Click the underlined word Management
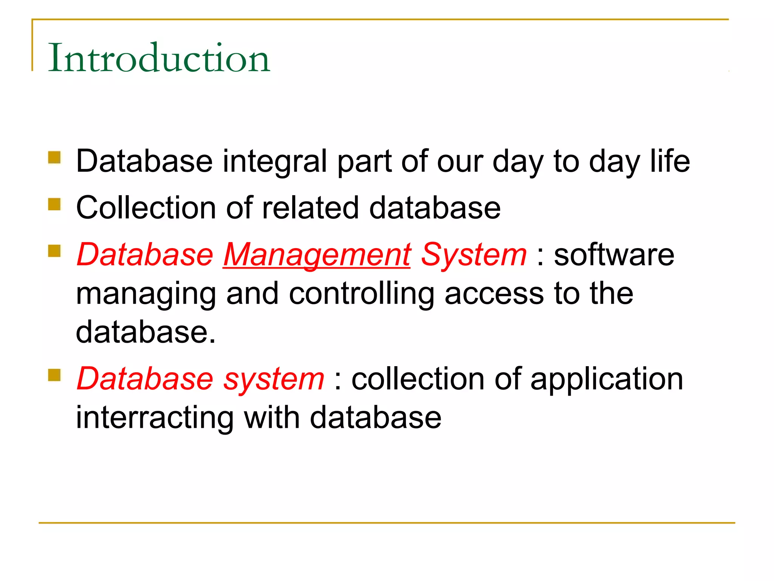tap(317, 255)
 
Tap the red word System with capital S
tap(474, 255)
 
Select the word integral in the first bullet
tap(275, 162)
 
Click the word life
tap(670, 162)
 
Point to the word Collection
tap(146, 208)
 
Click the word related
tap(310, 208)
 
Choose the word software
tap(614, 255)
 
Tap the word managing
tap(146, 294)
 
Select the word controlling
tap(361, 294)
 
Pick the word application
tap(607, 379)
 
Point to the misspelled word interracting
tap(155, 418)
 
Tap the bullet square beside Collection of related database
tap(54, 204)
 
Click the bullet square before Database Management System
tap(54, 251)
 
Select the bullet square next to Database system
tap(54, 375)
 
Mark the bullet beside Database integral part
tap(54, 157)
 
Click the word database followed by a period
tap(146, 332)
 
